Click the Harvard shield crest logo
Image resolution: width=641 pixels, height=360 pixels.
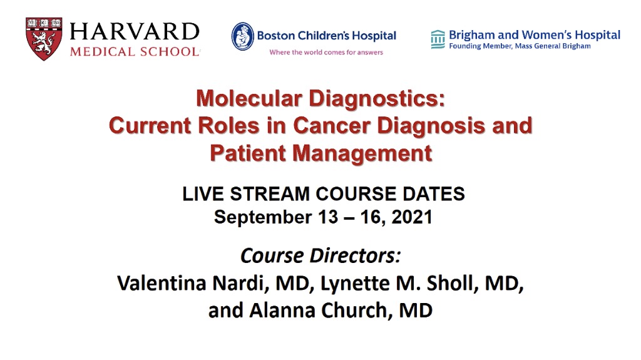point(44,39)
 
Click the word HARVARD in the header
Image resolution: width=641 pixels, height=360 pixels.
point(135,32)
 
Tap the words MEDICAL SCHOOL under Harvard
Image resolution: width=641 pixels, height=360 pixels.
point(135,51)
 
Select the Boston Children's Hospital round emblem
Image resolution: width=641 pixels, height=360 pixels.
point(242,36)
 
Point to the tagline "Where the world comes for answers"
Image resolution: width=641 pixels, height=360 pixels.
point(326,53)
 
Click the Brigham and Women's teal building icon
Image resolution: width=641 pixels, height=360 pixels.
point(438,39)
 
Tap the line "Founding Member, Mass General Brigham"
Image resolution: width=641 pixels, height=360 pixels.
point(520,46)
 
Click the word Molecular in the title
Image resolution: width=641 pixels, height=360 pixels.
point(249,98)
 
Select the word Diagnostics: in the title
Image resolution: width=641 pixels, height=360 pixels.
point(376,99)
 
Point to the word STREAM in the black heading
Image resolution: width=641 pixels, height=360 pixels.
point(269,194)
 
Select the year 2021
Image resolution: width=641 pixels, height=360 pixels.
point(412,217)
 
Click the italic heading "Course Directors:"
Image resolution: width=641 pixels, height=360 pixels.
point(320,256)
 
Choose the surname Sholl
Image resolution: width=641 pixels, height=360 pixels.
point(450,283)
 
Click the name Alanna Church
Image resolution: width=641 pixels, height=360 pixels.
point(318,310)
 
